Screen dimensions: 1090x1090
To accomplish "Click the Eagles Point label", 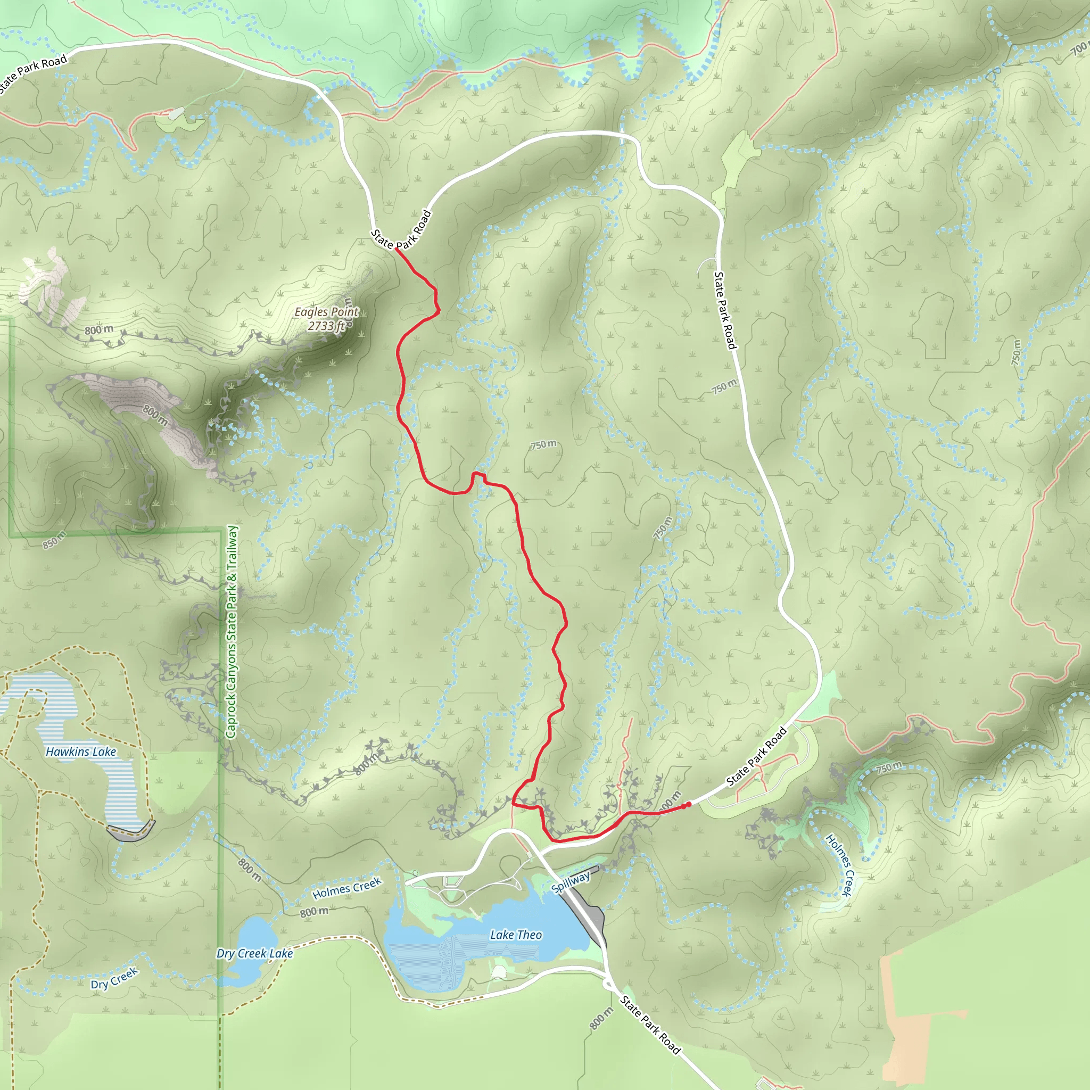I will [326, 312].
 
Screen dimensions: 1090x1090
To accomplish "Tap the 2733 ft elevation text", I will [326, 326].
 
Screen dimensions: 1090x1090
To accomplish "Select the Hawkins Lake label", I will [81, 752].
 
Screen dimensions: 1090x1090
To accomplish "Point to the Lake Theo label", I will [516, 935].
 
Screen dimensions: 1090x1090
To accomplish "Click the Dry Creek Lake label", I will [254, 953].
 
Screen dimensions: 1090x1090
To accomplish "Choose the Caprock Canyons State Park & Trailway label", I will [232, 632].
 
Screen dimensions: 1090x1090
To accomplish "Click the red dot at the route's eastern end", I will [688, 805].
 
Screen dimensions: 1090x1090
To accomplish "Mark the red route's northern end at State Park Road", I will [397, 249].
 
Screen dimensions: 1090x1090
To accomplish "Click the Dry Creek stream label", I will [114, 979].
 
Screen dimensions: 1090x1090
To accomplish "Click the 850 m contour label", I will [54, 540].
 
